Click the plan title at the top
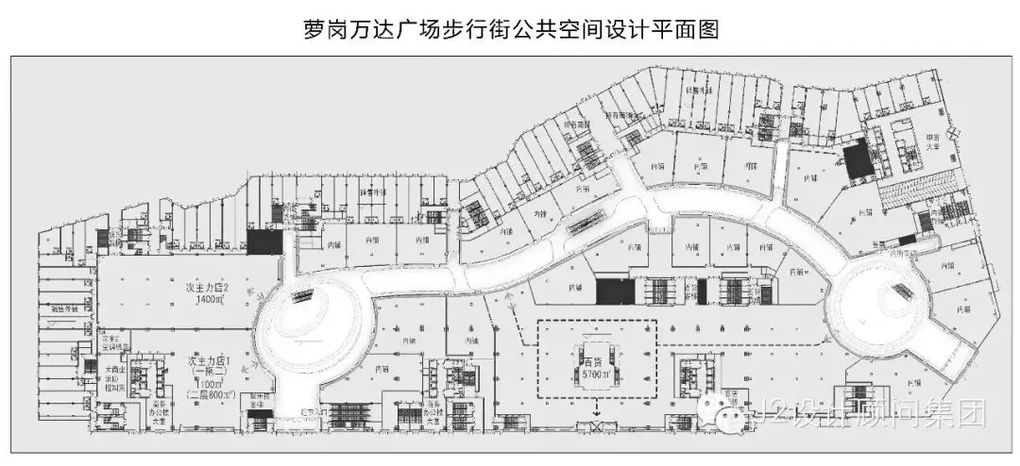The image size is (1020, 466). (510, 28)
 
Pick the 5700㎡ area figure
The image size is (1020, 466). (595, 374)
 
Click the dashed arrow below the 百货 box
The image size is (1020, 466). (596, 411)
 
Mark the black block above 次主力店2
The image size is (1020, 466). (263, 241)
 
